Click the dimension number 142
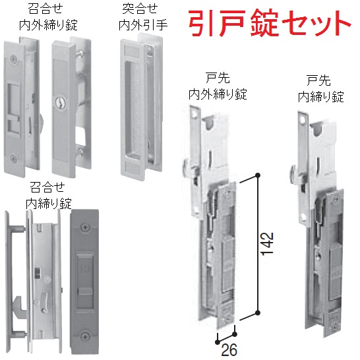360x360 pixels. click(x=268, y=243)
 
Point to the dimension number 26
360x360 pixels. click(x=229, y=349)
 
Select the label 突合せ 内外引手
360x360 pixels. click(x=142, y=17)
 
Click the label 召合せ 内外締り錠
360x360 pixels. click(x=48, y=17)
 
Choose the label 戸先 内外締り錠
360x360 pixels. click(x=218, y=87)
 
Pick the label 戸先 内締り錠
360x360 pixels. click(x=321, y=89)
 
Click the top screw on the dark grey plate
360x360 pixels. click(x=84, y=227)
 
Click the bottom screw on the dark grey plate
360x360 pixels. click(x=84, y=336)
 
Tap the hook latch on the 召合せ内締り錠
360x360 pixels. click(x=20, y=307)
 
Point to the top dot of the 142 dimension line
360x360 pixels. click(x=258, y=175)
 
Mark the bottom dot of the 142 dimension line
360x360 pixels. click(x=258, y=313)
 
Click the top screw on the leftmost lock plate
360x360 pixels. click(x=14, y=59)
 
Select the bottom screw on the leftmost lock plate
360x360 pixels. click(x=13, y=158)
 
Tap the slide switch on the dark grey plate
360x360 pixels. click(x=84, y=293)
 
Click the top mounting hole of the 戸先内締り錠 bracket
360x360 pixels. click(x=305, y=119)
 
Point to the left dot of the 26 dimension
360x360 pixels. click(x=218, y=342)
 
